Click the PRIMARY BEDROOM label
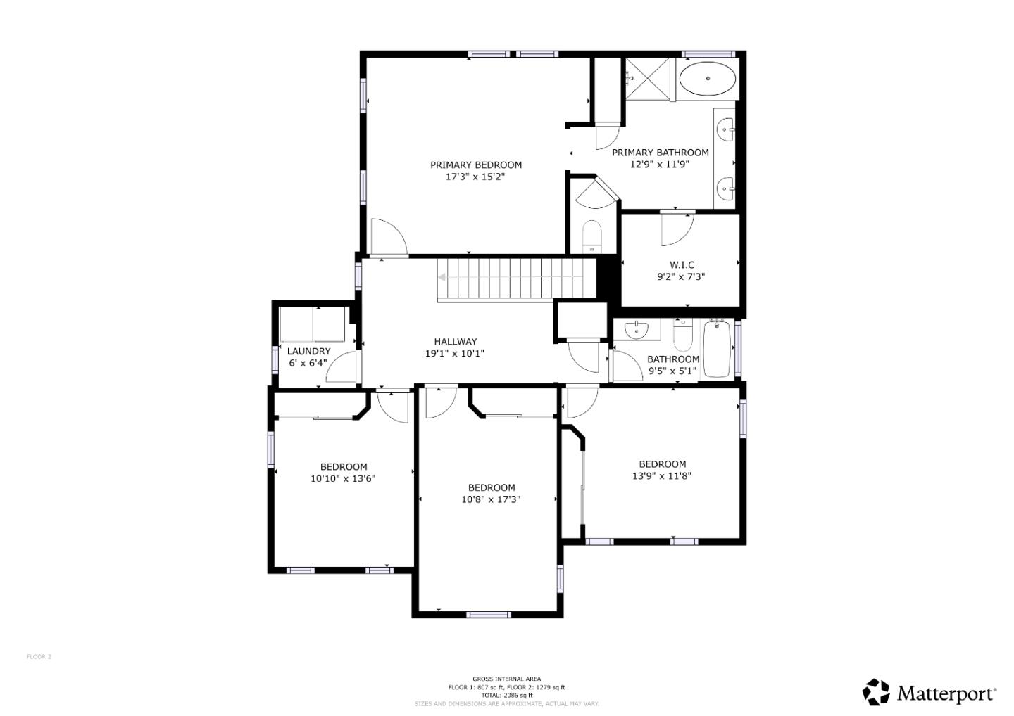[x=476, y=165]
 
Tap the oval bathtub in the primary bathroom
[x=707, y=79]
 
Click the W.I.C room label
[x=681, y=265]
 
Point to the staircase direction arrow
[x=442, y=277]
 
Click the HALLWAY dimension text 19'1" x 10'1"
[x=454, y=354]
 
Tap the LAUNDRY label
[x=308, y=351]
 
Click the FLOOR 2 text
[x=39, y=657]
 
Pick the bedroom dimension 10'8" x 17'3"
[x=491, y=499]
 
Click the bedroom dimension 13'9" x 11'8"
[x=662, y=475]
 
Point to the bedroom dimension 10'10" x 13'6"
[x=343, y=478]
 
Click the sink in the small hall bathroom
[x=637, y=328]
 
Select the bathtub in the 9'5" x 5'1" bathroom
[x=717, y=348]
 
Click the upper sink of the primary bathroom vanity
[x=725, y=129]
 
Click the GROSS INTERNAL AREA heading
[x=506, y=679]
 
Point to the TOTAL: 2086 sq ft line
[x=506, y=695]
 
